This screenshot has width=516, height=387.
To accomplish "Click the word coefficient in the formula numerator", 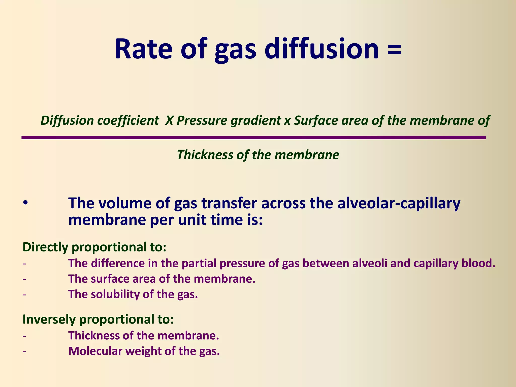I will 128,121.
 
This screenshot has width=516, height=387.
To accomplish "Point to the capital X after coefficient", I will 169,121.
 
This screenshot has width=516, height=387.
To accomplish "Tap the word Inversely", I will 49,319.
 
